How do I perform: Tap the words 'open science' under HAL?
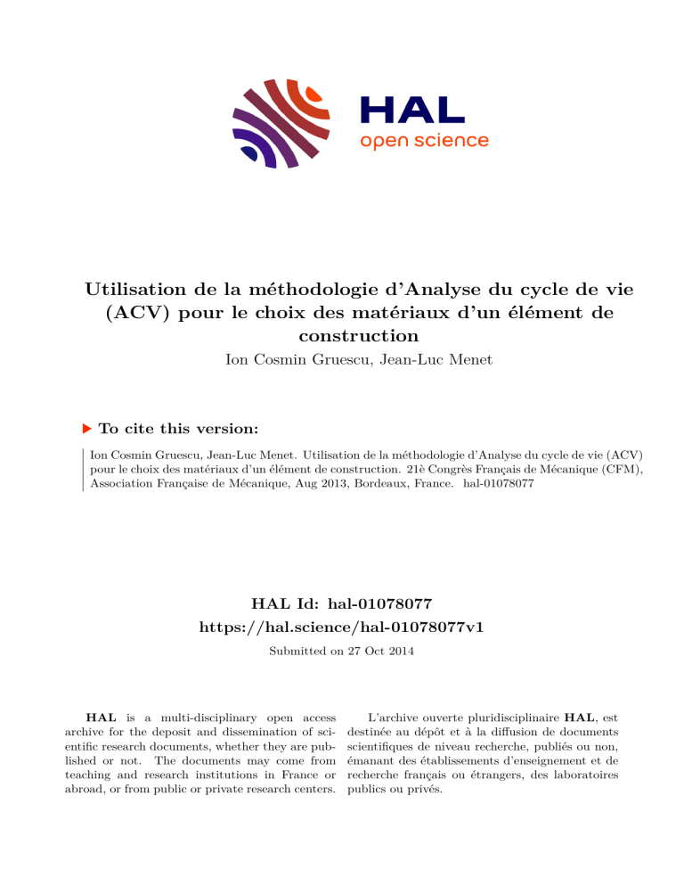tap(424, 141)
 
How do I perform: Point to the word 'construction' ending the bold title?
tap(342, 336)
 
